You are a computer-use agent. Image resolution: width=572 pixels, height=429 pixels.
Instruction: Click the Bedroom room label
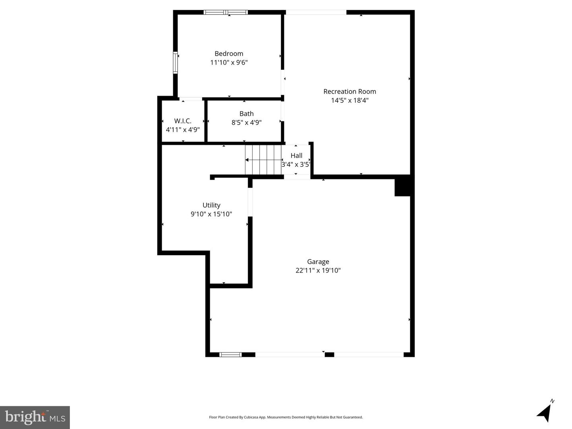229,54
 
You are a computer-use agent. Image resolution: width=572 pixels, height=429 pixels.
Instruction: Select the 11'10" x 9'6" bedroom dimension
229,62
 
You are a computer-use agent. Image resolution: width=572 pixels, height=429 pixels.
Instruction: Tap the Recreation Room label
350,91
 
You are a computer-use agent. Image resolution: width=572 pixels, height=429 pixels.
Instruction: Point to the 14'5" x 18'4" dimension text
350,100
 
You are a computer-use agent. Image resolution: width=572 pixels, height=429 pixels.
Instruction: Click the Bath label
246,114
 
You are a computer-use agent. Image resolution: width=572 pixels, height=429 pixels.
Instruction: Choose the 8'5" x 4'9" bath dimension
246,123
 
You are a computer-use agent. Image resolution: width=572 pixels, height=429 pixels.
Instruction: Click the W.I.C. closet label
183,121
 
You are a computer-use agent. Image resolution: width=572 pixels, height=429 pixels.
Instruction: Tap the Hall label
296,156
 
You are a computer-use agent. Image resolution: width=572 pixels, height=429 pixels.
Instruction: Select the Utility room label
211,205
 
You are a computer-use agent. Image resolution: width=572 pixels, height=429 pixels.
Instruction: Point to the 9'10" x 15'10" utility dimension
211,214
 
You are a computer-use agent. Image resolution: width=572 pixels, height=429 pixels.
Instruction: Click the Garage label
318,262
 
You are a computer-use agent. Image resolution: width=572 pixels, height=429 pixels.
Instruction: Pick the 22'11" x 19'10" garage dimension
318,270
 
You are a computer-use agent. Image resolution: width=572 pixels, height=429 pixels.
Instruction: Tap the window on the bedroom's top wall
226,12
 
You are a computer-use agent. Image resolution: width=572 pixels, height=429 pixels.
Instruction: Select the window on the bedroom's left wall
175,63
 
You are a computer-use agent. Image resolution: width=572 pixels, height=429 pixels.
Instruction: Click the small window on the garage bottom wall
230,354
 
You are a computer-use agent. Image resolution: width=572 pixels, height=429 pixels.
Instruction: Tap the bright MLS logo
35,417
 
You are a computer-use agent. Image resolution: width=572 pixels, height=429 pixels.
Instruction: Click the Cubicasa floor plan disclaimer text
286,417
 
